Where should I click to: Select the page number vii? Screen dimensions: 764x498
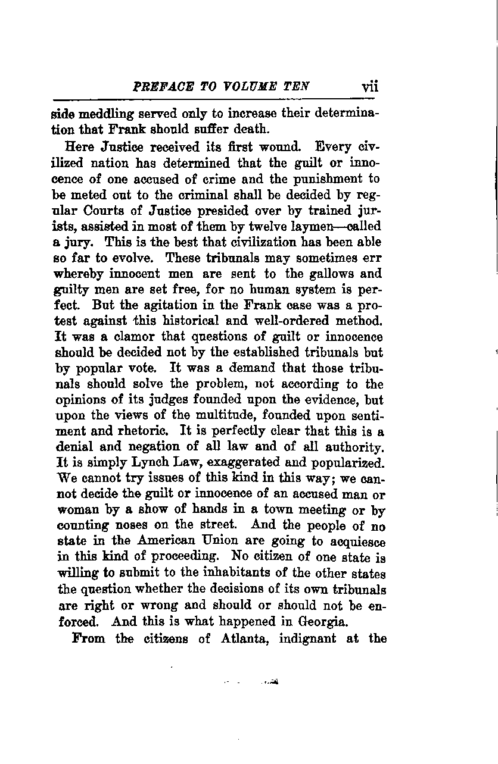pyautogui.click(x=370, y=86)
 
